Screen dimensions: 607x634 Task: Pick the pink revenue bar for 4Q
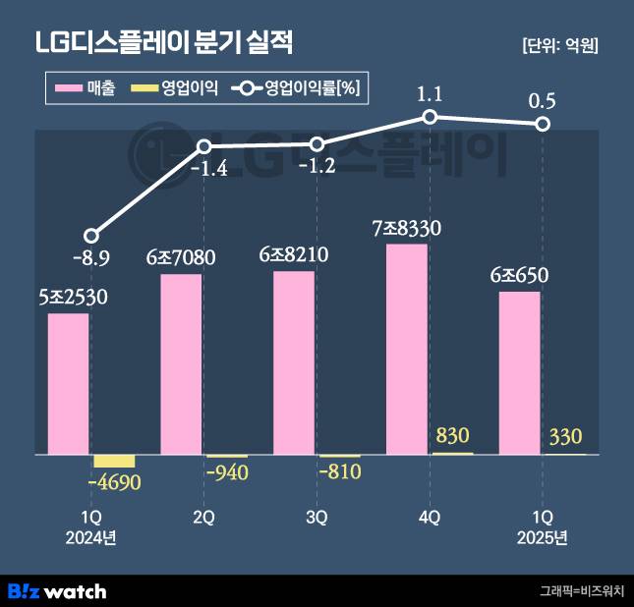click(407, 349)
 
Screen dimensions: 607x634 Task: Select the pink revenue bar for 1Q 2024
click(68, 384)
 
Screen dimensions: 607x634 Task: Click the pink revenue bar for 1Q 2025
click(520, 373)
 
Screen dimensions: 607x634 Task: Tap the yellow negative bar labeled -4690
click(113, 462)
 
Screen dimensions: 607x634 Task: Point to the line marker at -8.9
click(91, 236)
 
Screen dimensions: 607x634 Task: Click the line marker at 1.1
click(430, 117)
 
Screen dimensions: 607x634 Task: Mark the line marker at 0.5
click(542, 124)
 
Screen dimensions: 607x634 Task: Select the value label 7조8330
click(407, 229)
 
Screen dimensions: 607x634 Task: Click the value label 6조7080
click(181, 258)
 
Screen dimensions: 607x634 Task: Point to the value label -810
click(340, 471)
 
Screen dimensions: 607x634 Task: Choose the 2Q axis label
click(203, 518)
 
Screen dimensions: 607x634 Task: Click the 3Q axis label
click(317, 518)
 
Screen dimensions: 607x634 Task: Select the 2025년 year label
click(542, 537)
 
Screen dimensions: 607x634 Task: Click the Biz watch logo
click(57, 591)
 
